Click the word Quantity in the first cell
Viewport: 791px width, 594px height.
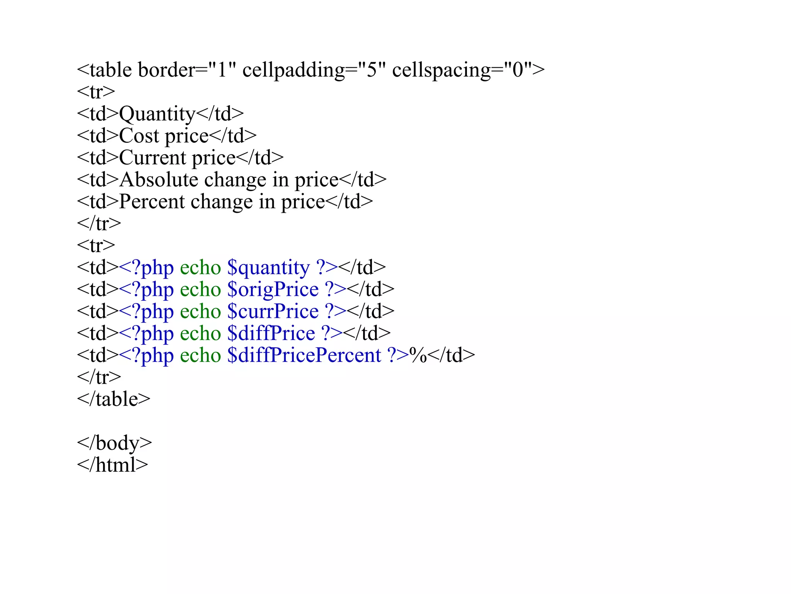(157, 114)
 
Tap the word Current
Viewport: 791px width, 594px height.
(152, 158)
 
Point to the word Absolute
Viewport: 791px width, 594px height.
(158, 180)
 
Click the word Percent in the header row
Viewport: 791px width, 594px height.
(151, 201)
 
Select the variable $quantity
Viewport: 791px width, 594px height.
(268, 268)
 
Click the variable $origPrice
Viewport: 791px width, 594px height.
(273, 290)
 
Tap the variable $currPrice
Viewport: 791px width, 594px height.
(273, 312)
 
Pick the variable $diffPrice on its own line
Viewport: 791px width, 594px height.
(271, 333)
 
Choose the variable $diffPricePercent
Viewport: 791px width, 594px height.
(304, 355)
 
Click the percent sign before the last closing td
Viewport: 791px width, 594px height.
(418, 355)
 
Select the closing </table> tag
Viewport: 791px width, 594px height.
(114, 399)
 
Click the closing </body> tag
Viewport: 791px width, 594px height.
(114, 443)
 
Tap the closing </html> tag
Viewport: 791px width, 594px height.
(112, 465)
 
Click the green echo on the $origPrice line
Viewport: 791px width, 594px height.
(200, 290)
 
